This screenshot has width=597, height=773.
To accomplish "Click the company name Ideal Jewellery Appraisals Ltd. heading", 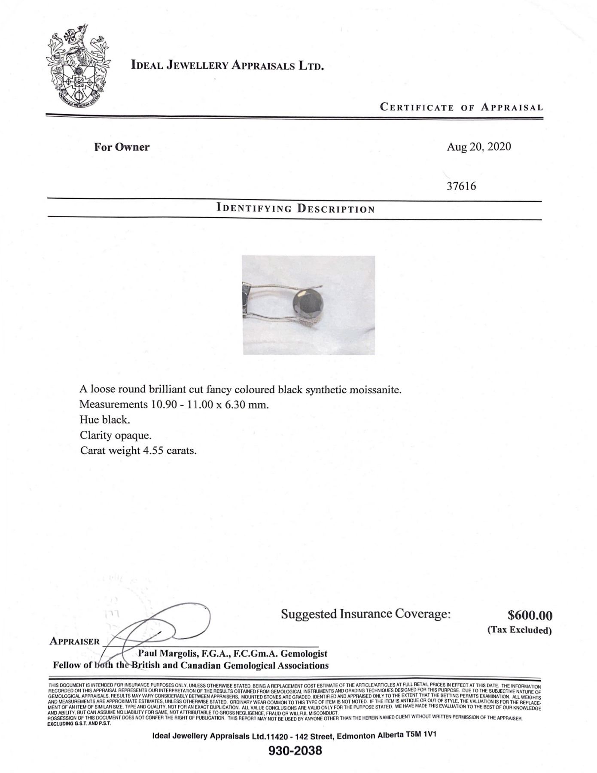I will coord(227,66).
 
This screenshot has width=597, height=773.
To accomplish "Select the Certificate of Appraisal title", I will coord(461,107).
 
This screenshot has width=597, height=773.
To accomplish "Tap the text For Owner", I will coord(122,147).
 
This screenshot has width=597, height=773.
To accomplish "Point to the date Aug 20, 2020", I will coord(478,147).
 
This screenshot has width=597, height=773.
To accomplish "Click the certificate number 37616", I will coord(461,186).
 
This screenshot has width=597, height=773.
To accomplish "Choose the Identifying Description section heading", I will coord(295,209).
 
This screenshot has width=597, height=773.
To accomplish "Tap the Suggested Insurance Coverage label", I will coord(366,614).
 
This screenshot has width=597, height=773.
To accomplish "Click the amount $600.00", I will coord(530,615).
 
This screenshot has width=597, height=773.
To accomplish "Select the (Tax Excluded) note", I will coord(519,630).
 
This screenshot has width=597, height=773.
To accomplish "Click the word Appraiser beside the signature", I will coord(75,641).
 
